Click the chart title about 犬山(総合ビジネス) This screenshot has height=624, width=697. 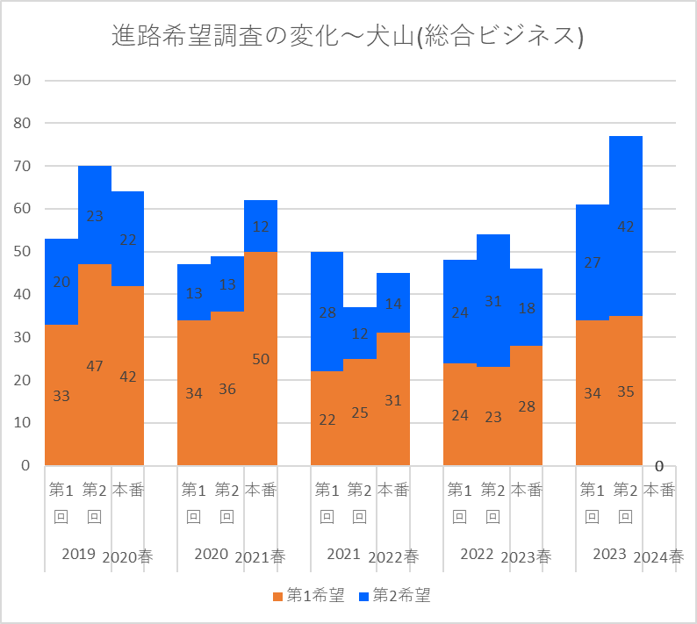[348, 36]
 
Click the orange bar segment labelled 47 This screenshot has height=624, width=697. [95, 364]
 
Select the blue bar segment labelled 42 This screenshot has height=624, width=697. [625, 226]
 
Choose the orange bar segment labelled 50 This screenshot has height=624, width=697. [260, 358]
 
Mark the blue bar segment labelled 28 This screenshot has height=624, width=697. [327, 312]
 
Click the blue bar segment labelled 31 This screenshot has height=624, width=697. [492, 300]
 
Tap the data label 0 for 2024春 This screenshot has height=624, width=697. [658, 466]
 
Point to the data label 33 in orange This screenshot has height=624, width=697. [61, 396]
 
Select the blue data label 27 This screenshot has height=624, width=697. [593, 262]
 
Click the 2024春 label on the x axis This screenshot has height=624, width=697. [658, 556]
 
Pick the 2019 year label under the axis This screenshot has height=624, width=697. [79, 554]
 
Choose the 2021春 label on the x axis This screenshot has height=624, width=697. [260, 556]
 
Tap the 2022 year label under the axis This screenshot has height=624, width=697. [477, 554]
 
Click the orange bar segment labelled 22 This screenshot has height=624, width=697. [327, 418]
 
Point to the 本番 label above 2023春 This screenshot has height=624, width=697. [526, 490]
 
